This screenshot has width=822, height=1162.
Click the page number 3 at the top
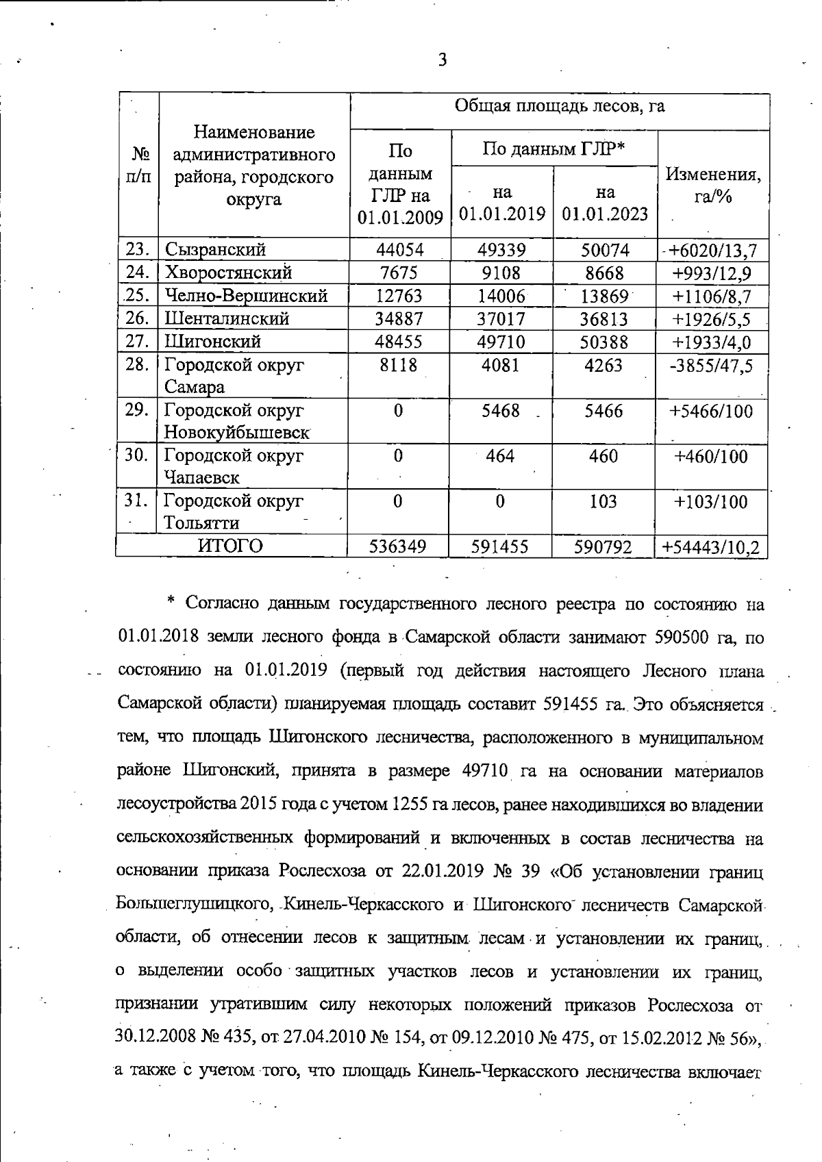pos(443,60)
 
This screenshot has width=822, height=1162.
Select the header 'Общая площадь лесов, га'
pos(560,106)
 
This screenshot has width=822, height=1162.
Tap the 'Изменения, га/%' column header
pos(713,186)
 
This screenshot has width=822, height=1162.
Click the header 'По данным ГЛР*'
pos(554,148)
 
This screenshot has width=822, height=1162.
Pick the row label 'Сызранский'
pos(215,250)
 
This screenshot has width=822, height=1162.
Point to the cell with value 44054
pos(400,250)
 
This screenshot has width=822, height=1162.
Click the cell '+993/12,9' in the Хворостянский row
pos(712,274)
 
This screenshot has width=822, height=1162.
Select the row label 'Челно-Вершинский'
pos(246,296)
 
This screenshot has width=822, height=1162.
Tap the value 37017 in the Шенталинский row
pos(501,319)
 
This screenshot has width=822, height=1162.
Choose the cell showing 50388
pos(604,342)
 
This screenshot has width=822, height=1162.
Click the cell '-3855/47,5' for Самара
pos(711,366)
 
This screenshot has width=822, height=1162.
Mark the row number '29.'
pos(137,409)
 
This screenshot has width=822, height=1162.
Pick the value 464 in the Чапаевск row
pos(500,456)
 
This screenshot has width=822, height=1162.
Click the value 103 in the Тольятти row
pos(603,501)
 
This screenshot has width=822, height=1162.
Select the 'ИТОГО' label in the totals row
pos(231,546)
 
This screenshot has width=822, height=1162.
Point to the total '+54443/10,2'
pos(711,547)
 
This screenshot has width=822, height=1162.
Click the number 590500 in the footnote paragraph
pos(685,637)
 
